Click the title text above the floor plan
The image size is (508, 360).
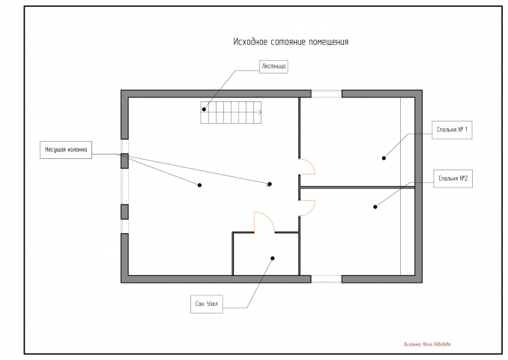[x=291, y=42]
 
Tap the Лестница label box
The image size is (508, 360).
[x=273, y=66]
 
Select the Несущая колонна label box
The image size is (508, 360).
[x=65, y=150]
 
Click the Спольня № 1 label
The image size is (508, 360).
[x=453, y=130]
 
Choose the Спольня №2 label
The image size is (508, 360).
[x=453, y=178]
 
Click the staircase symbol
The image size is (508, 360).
[x=232, y=113]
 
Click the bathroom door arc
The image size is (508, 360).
[x=265, y=222]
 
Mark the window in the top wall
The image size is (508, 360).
[x=327, y=93]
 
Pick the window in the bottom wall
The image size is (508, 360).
[x=327, y=279]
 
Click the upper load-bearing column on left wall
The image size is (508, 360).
[x=124, y=160]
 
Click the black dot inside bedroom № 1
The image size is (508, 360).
[x=384, y=157]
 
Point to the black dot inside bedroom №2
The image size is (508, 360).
[x=375, y=205]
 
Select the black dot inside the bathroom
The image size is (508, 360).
[x=272, y=259]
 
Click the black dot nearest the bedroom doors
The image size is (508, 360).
[x=270, y=184]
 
